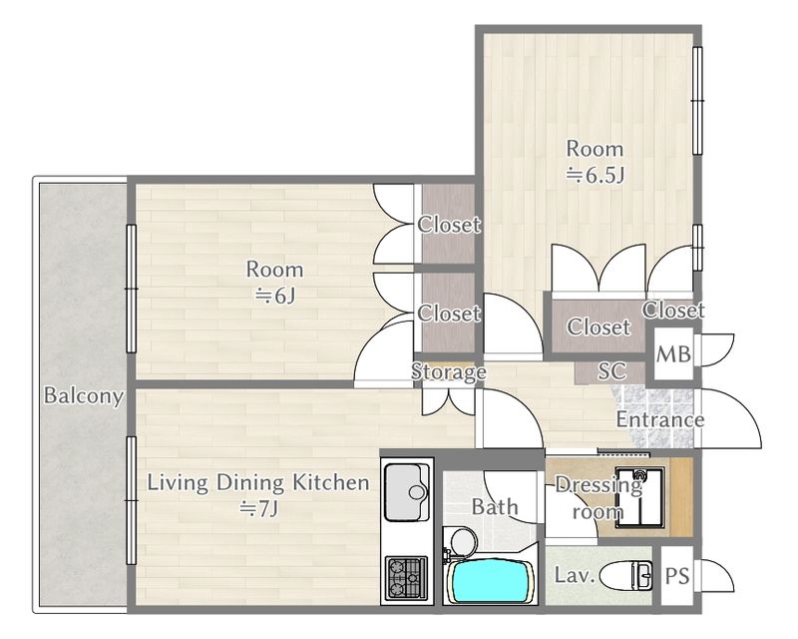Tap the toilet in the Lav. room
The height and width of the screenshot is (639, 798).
[626, 576]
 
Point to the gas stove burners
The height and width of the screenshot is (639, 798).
[406, 577]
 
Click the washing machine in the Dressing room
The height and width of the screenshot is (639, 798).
[638, 497]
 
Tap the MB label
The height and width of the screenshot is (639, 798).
[673, 354]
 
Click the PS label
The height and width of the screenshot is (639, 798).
[677, 576]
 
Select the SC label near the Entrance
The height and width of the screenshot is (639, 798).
[611, 371]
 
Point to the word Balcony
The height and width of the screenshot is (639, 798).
[84, 396]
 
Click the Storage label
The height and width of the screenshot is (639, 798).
[448, 372]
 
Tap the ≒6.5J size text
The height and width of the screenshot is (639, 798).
[596, 176]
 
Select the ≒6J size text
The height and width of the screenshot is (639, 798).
[275, 296]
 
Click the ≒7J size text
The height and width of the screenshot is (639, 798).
[259, 508]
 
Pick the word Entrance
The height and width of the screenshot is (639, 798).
[660, 420]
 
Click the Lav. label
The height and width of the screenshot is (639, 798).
[575, 575]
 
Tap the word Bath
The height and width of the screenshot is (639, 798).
[495, 507]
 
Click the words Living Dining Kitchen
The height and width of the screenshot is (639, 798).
[258, 482]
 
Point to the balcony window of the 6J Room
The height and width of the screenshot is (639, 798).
[132, 289]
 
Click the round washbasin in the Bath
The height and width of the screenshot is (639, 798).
[464, 541]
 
